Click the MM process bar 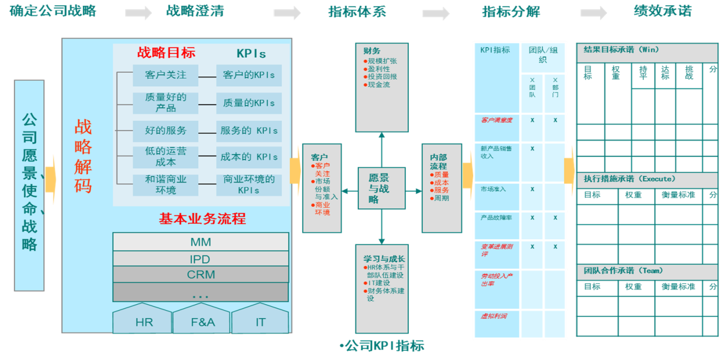coord(200,242)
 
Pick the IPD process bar coord(200,258)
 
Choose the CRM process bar coord(200,274)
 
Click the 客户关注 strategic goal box coord(166,75)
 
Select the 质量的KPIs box coord(249,103)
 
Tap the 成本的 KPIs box coord(249,157)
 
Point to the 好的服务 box coord(166,130)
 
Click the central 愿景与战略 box coord(381,188)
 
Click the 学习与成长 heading coord(384,259)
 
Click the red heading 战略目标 coord(166,53)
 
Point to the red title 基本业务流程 coord(202,219)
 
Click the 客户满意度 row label coord(496,121)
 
